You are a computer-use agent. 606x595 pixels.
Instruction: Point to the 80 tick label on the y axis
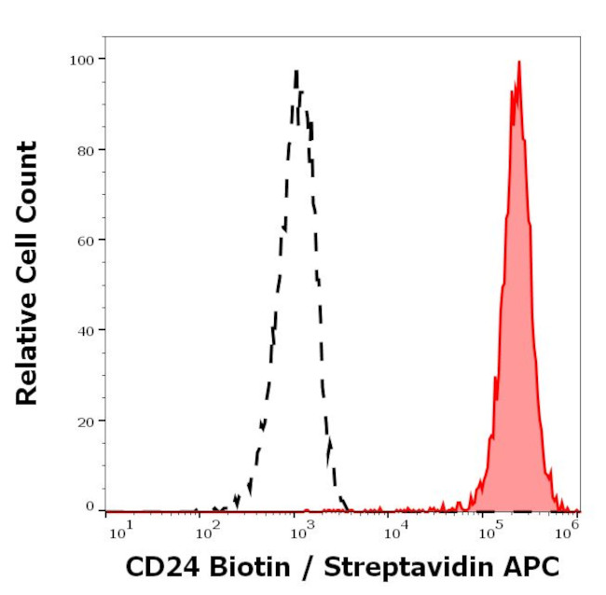point(84,149)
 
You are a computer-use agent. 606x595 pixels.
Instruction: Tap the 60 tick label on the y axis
point(84,240)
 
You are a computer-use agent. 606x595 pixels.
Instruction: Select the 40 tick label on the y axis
point(84,330)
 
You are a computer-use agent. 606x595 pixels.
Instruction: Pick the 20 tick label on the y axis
point(84,421)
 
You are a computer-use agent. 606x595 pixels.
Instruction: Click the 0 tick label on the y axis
point(90,506)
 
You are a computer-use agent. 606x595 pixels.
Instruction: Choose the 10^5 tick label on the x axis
point(487,532)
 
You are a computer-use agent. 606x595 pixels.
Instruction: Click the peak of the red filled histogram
point(518,62)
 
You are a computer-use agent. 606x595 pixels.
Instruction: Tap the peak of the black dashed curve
point(296,71)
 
